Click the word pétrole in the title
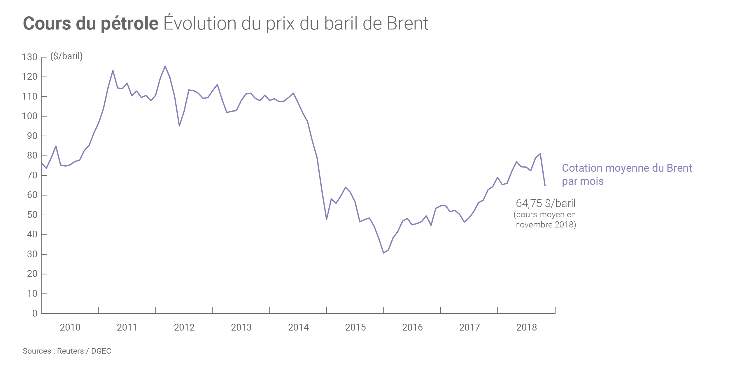(x=129, y=24)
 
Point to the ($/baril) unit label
(x=66, y=56)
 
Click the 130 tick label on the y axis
(x=30, y=57)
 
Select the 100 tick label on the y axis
(x=30, y=116)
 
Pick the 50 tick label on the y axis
(x=32, y=215)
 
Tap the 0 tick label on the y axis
(x=35, y=314)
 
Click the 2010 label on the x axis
(x=70, y=328)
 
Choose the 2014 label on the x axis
(x=298, y=328)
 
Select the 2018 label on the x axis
(x=526, y=328)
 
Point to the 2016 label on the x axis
(x=412, y=328)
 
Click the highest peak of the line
(x=165, y=66)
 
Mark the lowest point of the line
(x=383, y=253)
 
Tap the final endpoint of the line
(x=545, y=186)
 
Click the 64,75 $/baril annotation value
(x=546, y=203)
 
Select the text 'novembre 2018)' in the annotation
(x=546, y=225)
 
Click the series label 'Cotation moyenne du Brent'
(x=627, y=168)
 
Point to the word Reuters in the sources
(x=70, y=351)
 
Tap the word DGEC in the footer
(x=101, y=351)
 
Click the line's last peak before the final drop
(x=540, y=154)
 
